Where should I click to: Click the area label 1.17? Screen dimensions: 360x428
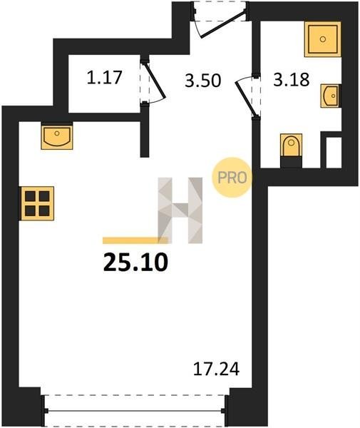point(104,77)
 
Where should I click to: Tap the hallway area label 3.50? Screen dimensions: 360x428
point(202,81)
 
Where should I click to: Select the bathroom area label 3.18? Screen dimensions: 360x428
point(292,79)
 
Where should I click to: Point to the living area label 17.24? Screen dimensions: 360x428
point(216,369)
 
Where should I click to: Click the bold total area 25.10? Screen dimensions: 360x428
point(135,262)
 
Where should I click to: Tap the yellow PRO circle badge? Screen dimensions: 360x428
point(232,178)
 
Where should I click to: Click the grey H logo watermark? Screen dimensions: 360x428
point(180,210)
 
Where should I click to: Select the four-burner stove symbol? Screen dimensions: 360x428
point(37,203)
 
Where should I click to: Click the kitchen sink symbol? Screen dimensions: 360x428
point(57,136)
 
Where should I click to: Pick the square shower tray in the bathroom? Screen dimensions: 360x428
point(323,39)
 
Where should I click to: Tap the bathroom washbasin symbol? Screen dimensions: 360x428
point(331,96)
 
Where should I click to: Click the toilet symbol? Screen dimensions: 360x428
point(292,151)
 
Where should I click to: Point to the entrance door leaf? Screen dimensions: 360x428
point(223,24)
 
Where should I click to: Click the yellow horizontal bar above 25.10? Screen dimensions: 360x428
point(135,240)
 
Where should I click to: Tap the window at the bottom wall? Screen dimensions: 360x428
point(135,410)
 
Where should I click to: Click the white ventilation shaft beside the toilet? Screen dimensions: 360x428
point(334,153)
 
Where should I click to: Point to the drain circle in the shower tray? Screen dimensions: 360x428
point(323,39)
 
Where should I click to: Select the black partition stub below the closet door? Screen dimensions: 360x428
point(145,131)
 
